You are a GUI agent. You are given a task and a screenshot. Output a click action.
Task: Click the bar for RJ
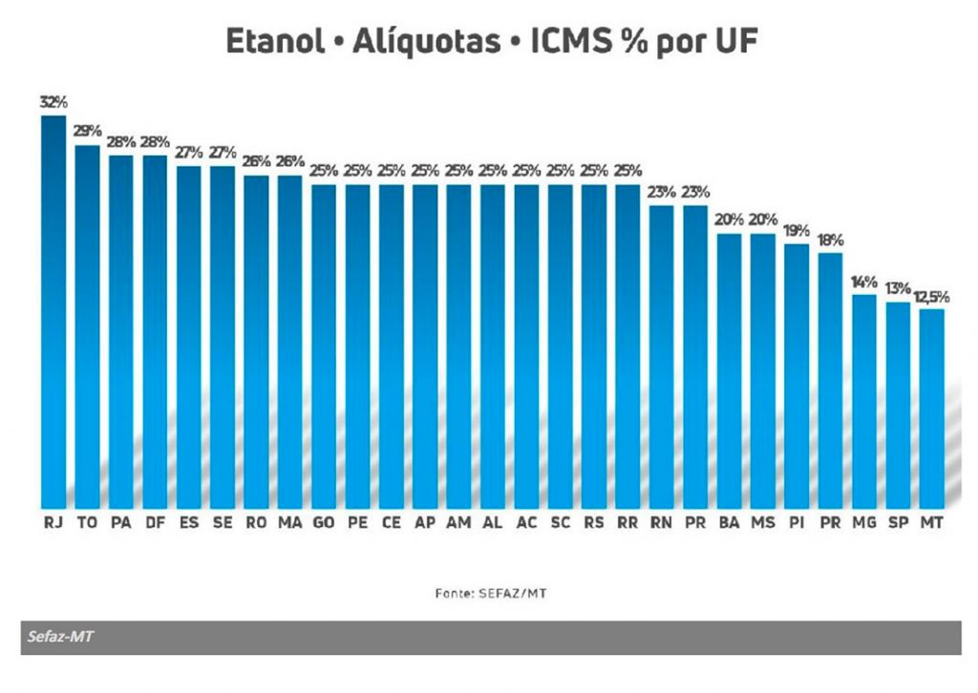53,310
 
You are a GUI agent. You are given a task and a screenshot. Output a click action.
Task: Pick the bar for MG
864,400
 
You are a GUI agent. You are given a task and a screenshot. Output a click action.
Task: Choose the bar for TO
87,325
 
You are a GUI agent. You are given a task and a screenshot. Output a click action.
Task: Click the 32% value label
53,102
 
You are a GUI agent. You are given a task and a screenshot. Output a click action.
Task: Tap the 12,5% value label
932,296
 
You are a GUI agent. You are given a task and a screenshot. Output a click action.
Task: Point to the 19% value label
797,230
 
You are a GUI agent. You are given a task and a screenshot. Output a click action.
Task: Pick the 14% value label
864,282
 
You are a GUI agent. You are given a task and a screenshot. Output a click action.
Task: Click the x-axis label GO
324,523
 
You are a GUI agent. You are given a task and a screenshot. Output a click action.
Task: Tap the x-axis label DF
155,523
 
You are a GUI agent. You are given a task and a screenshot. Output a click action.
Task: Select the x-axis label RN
661,523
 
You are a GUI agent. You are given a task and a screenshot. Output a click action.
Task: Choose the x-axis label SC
560,523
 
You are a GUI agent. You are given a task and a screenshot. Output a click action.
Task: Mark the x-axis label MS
762,523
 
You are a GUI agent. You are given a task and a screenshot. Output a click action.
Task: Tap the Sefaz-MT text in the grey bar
60,637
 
